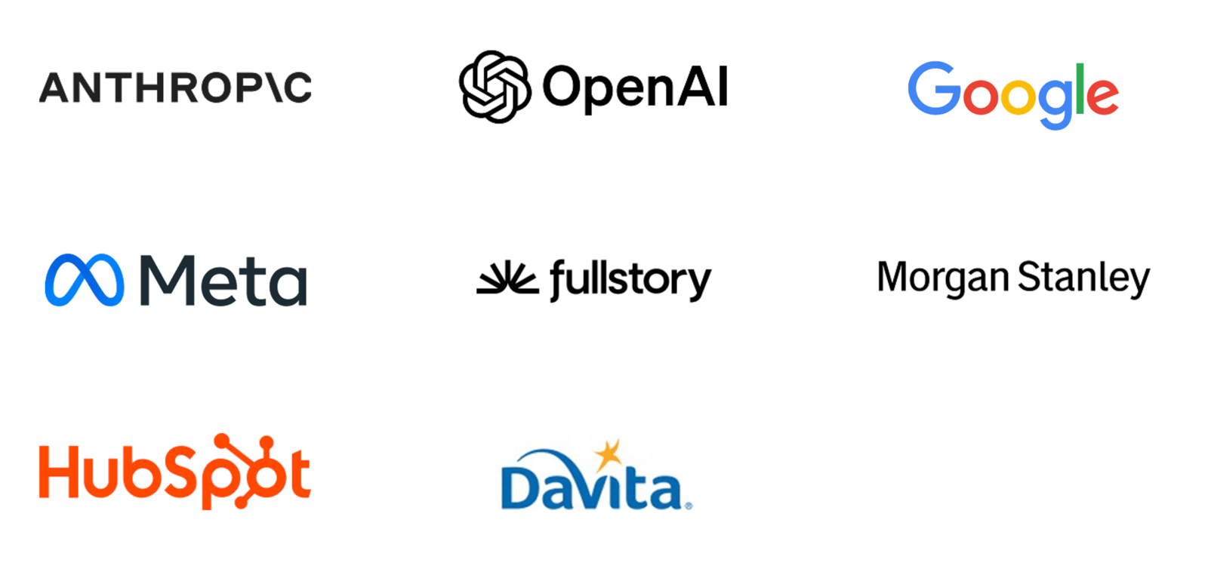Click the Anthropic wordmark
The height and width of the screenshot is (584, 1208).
coord(175,88)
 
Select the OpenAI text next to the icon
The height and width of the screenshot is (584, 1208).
coord(635,88)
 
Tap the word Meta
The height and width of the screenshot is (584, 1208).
coord(223,280)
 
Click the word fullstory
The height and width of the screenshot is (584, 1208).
coord(630,280)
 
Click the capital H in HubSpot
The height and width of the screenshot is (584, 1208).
coord(60,472)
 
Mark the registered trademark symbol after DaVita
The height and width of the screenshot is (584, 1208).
coord(688,506)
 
